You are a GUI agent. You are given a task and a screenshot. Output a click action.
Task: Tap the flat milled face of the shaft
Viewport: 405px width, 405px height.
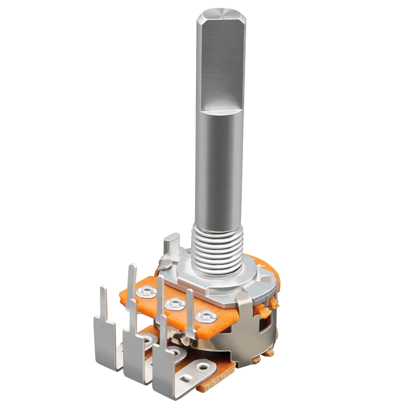point(222,63)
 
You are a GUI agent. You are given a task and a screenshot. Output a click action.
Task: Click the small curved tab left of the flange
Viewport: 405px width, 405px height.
point(164,264)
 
